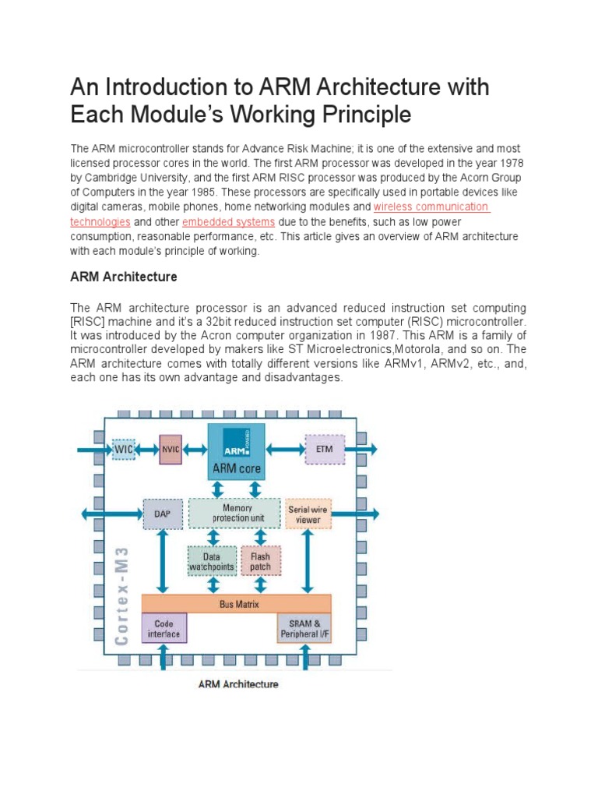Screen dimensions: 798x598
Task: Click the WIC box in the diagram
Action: pyautogui.click(x=124, y=449)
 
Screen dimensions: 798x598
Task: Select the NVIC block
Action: pyautogui.click(x=171, y=449)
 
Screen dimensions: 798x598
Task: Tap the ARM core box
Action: pyautogui.click(x=237, y=451)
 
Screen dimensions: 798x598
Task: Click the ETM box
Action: pyautogui.click(x=329, y=449)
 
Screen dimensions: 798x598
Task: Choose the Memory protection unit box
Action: pyautogui.click(x=237, y=513)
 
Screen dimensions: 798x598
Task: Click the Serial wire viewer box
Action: pyautogui.click(x=308, y=514)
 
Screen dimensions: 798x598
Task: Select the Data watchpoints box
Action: pyautogui.click(x=211, y=561)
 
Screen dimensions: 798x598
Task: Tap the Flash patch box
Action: pyautogui.click(x=260, y=561)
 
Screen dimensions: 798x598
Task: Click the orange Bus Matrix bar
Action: pyautogui.click(x=236, y=604)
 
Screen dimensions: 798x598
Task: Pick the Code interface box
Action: pyautogui.click(x=164, y=627)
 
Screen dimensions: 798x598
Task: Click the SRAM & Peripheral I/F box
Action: pyautogui.click(x=304, y=628)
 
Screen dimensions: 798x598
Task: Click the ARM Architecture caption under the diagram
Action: pyautogui.click(x=238, y=684)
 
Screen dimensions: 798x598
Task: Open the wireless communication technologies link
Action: pyautogui.click(x=431, y=207)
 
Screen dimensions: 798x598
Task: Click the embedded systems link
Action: pyautogui.click(x=228, y=222)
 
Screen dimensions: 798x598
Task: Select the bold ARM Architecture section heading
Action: pyautogui.click(x=124, y=277)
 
